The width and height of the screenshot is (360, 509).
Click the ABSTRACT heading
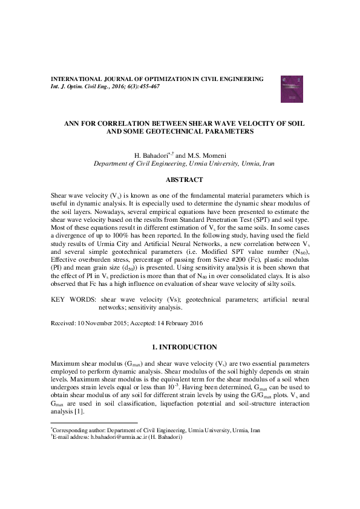[180, 180]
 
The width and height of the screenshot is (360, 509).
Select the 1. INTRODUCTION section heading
[180, 347]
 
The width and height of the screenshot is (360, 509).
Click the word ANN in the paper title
[73, 123]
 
